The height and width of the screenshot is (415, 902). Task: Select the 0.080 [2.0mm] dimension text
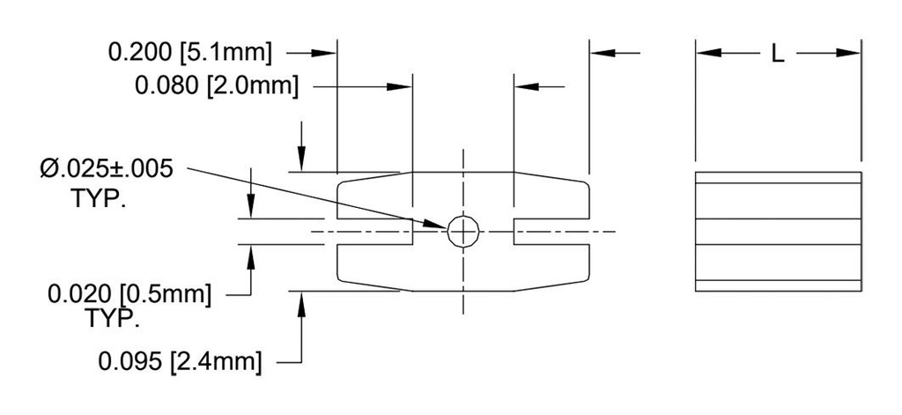point(217,86)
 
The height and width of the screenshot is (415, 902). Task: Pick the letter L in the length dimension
point(777,55)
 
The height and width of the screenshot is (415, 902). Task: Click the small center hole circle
point(463,232)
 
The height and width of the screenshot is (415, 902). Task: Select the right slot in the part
point(551,233)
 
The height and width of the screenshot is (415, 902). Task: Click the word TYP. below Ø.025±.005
point(98,197)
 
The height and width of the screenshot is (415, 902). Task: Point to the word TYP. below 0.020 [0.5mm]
point(113,319)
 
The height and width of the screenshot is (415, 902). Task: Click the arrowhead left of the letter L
point(709,53)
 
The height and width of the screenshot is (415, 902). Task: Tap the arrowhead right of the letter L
point(849,53)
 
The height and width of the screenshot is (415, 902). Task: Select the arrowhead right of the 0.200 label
point(326,53)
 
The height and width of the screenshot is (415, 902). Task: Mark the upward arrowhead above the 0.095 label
point(302,301)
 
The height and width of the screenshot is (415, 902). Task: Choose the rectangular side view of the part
point(778,232)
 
